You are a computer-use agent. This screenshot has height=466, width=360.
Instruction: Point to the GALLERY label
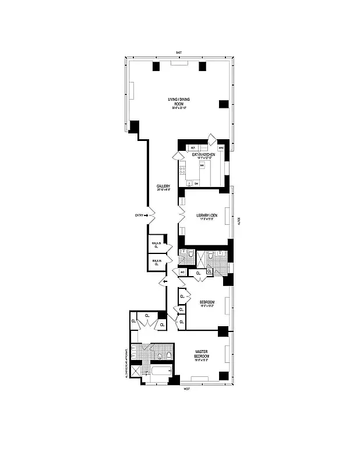click(x=163, y=188)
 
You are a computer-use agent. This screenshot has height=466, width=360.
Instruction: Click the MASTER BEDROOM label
click(x=202, y=355)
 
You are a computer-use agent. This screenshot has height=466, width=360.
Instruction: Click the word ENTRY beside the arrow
click(x=139, y=216)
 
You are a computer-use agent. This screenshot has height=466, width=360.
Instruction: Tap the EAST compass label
click(x=179, y=53)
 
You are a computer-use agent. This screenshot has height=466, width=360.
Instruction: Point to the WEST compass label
click(x=187, y=389)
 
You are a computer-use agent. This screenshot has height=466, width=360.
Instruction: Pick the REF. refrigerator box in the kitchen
click(x=193, y=148)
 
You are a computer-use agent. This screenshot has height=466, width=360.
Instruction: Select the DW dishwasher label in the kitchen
click(x=196, y=183)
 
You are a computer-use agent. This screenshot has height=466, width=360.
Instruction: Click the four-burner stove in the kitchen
click(x=182, y=171)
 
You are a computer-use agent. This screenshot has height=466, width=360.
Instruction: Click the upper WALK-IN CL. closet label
click(x=156, y=245)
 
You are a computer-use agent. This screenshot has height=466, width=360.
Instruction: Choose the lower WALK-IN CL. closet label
click(x=156, y=263)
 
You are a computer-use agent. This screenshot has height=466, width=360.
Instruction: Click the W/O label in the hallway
click(x=182, y=272)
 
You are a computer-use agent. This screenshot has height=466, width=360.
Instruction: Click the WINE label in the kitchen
click(x=221, y=148)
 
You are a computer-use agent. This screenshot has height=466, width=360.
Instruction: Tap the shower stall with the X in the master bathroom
click(x=136, y=370)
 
